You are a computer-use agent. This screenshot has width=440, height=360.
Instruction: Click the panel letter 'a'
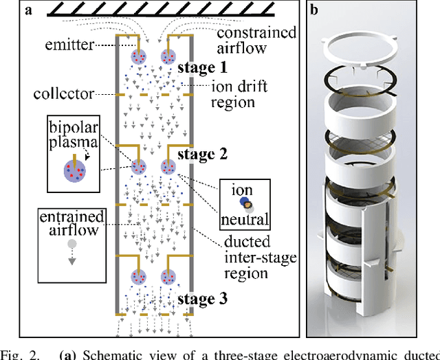click(11, 10)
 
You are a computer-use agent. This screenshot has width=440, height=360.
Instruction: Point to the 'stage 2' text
click(202, 154)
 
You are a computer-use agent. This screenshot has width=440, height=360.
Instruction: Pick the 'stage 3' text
click(202, 300)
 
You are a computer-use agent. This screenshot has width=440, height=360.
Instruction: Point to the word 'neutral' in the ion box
click(244, 219)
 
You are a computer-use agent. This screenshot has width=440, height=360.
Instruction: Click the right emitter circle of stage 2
click(167, 166)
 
